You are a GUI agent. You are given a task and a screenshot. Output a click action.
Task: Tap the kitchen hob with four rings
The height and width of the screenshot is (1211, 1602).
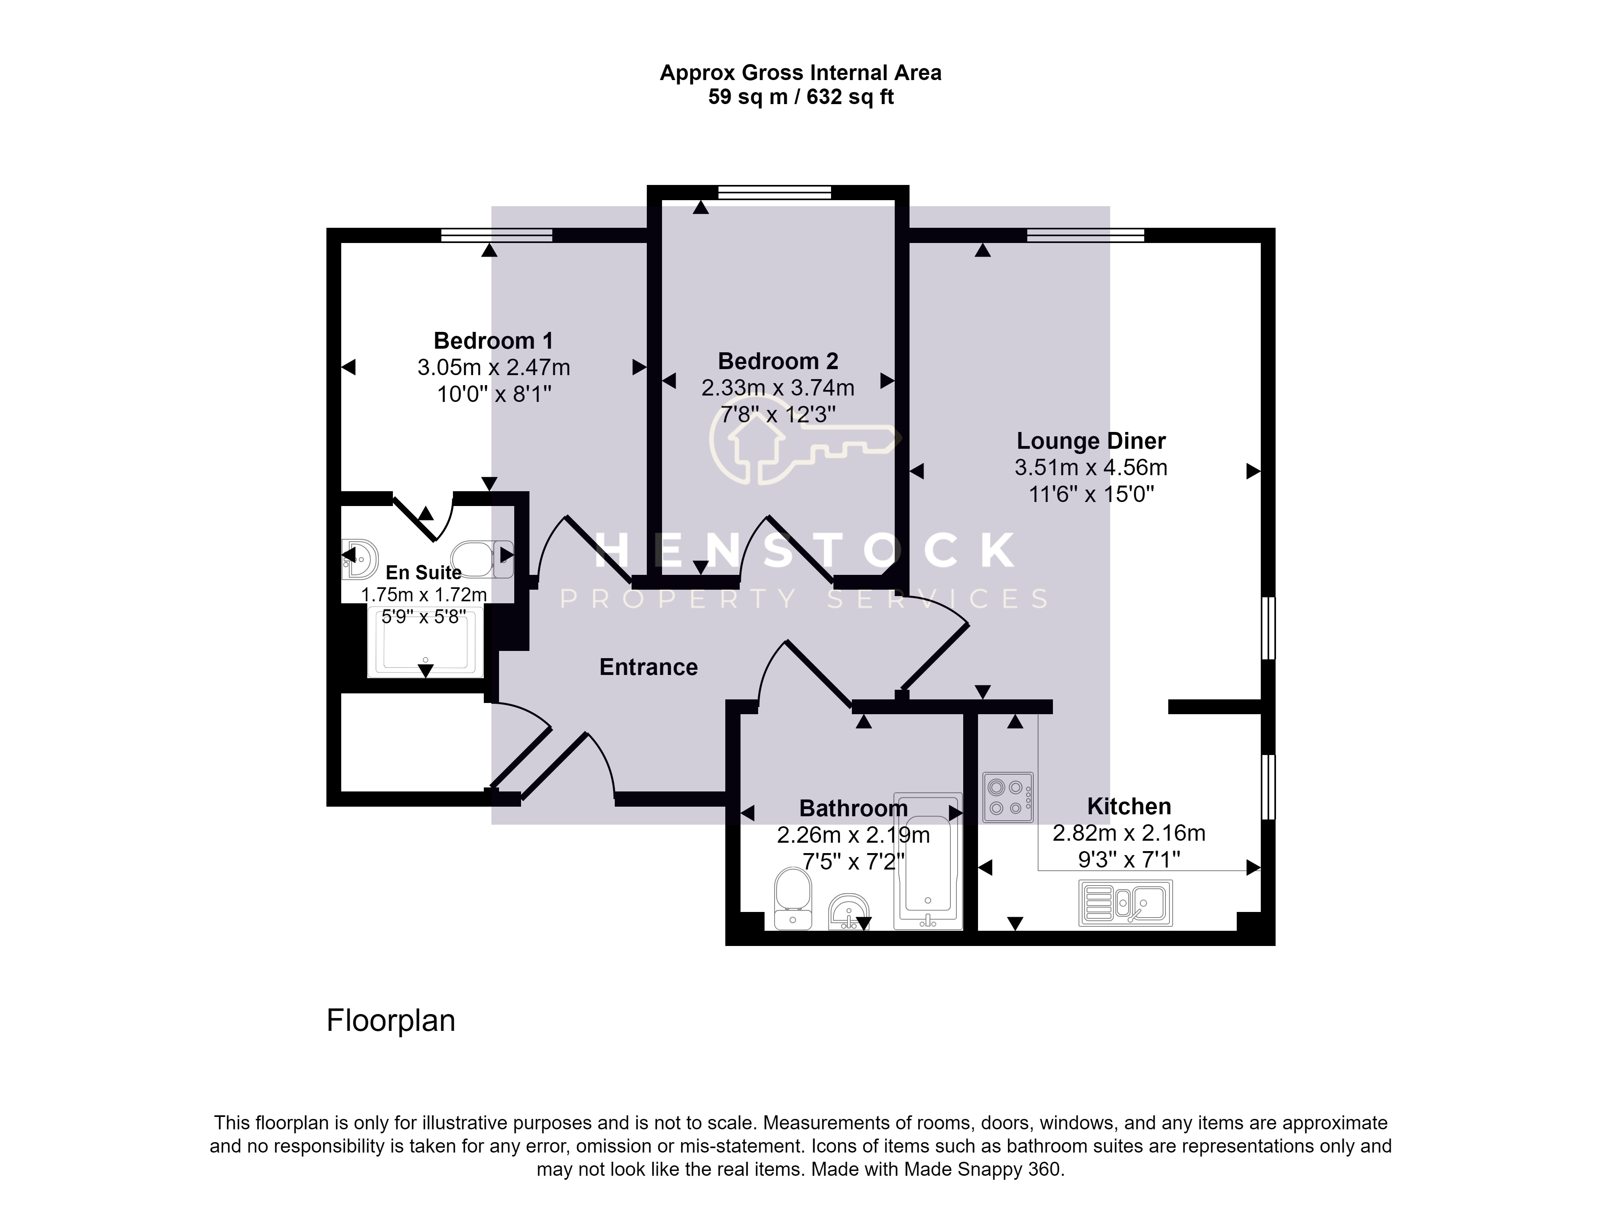(x=1007, y=797)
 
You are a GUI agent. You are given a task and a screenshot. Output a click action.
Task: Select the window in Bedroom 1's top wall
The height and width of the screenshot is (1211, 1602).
(x=497, y=235)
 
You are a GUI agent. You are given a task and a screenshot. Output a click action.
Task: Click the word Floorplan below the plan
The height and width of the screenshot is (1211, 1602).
(x=391, y=1020)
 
